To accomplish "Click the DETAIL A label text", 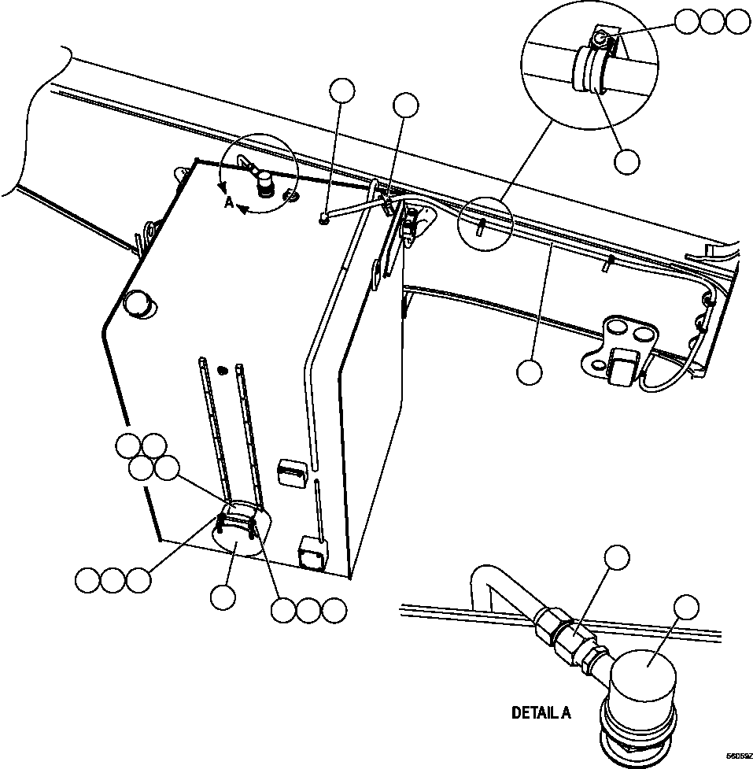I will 541,713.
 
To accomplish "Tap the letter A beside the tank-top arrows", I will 228,202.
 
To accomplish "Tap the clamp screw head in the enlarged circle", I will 602,38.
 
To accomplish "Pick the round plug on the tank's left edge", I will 138,304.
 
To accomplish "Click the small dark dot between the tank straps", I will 223,370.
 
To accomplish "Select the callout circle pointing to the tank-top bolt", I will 342,91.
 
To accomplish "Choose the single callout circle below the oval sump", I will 223,596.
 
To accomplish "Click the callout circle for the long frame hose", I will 530,372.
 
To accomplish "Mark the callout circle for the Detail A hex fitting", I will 617,556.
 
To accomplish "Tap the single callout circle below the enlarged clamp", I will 626,161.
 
